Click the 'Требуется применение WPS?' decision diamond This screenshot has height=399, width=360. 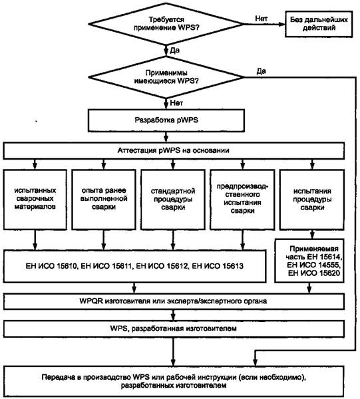(x=166, y=24)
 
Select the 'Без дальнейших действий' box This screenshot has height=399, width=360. (x=319, y=24)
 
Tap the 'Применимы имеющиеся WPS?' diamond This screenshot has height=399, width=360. (x=166, y=77)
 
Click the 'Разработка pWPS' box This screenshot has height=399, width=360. (x=166, y=120)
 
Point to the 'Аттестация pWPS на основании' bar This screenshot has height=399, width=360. (x=174, y=151)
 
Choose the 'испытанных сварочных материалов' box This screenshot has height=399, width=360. (x=35, y=199)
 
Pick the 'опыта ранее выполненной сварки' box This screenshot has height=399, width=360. (x=104, y=199)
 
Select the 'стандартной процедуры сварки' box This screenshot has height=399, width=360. (x=173, y=199)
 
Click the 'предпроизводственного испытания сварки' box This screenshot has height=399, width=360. (x=242, y=199)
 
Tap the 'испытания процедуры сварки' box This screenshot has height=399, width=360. (x=312, y=199)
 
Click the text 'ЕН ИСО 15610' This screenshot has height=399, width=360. (x=51, y=267)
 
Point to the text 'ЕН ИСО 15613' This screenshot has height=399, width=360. (x=218, y=267)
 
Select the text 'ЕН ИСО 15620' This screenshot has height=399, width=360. (x=314, y=273)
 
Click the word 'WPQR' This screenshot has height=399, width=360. (x=91, y=301)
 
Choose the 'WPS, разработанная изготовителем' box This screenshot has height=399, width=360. (x=174, y=329)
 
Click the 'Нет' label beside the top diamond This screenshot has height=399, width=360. (x=262, y=19)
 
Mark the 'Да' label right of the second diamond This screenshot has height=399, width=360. (x=262, y=71)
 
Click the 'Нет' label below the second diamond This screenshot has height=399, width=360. (x=176, y=103)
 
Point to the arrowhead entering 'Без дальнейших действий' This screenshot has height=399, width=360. (x=282, y=24)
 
